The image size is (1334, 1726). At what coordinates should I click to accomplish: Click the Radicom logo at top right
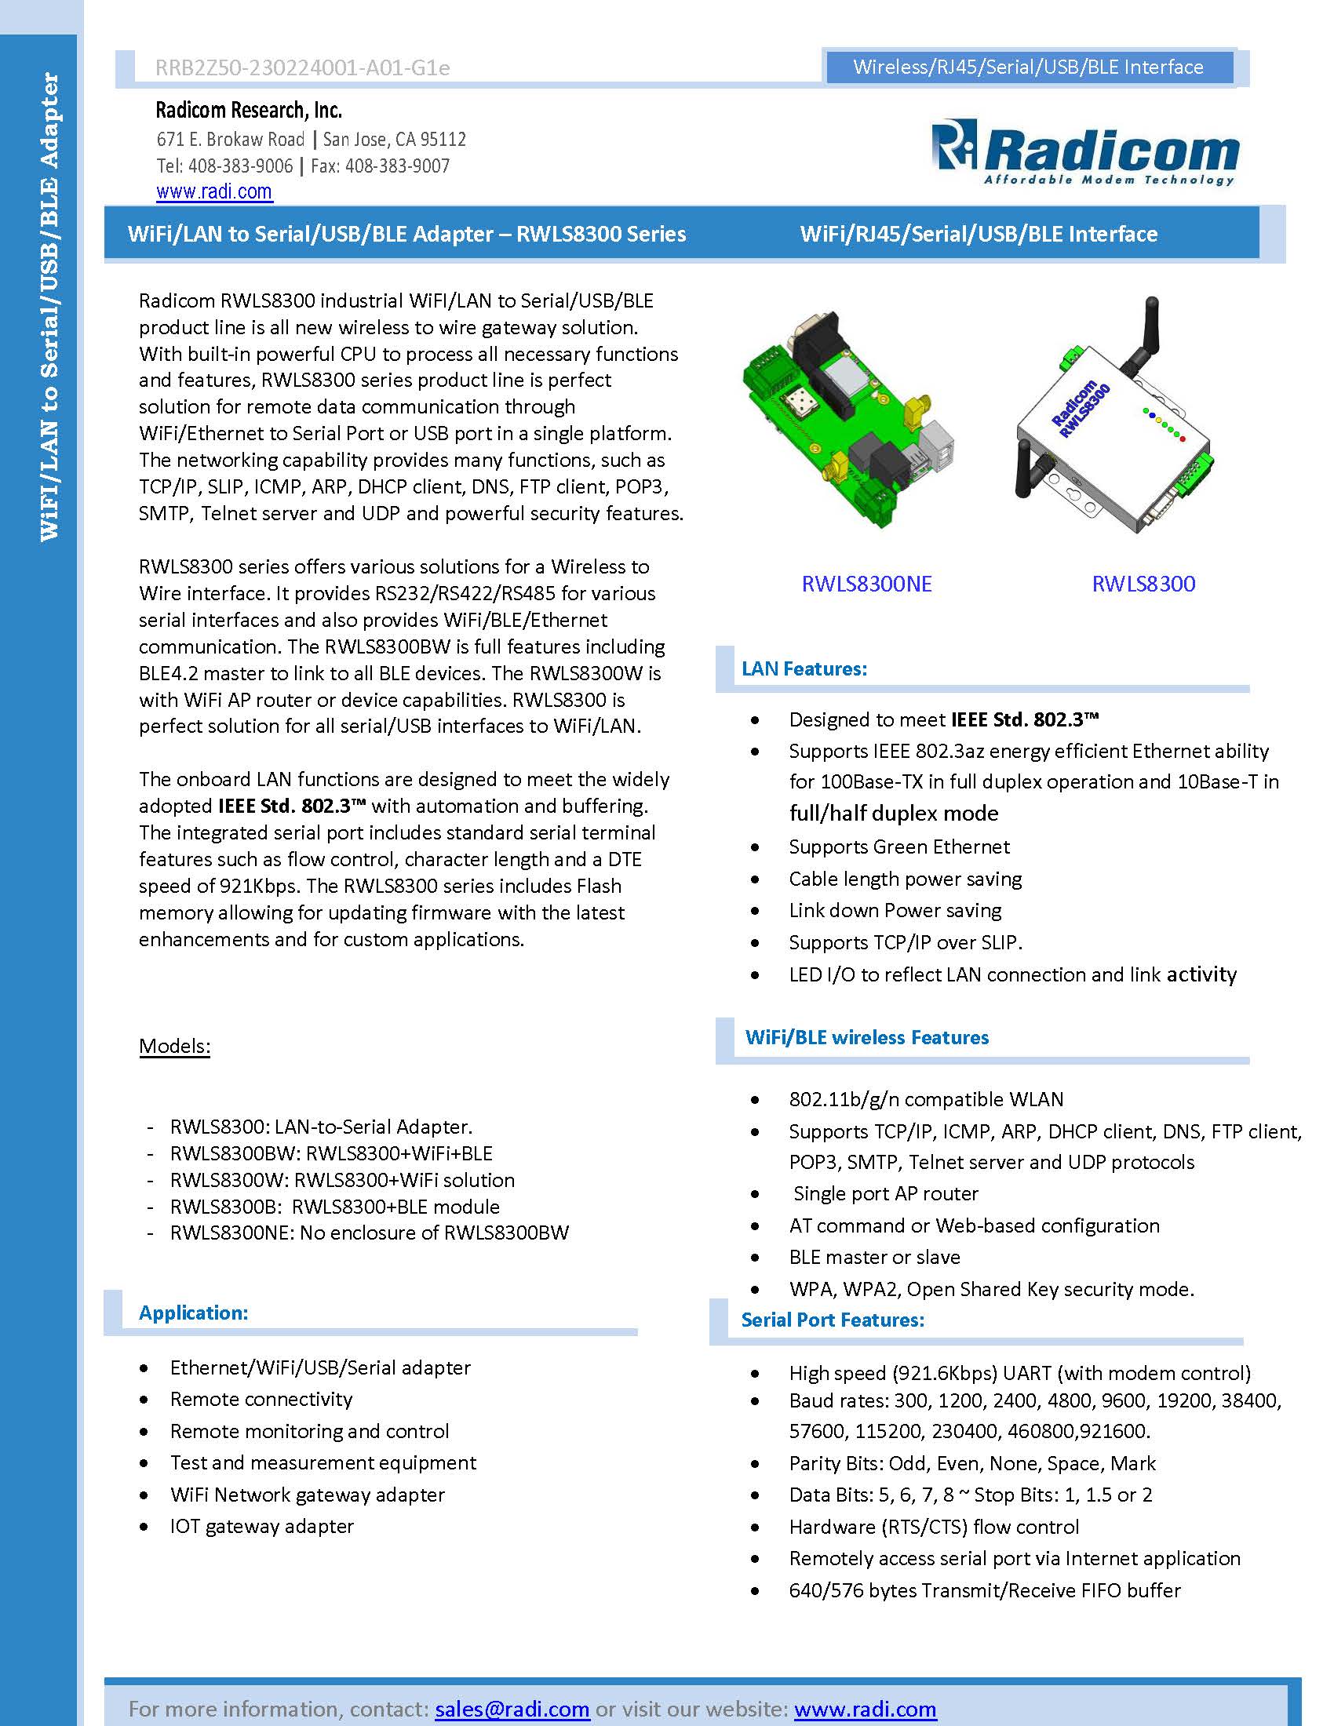[1084, 152]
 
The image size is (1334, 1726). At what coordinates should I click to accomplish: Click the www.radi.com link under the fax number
[214, 192]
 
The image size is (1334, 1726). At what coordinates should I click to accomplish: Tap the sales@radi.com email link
[512, 1709]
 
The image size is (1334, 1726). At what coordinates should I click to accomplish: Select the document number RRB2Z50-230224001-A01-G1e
[303, 68]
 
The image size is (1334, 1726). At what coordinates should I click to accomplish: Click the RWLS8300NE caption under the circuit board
[866, 584]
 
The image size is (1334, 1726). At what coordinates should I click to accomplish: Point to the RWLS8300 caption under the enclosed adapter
[1143, 584]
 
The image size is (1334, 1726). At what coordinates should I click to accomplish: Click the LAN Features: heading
[804, 668]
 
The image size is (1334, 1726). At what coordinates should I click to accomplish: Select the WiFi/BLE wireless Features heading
[866, 1037]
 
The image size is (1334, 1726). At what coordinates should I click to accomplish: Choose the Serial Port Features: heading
[832, 1319]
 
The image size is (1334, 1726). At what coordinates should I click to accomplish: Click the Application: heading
[193, 1312]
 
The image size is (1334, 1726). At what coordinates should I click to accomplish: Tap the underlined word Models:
[175, 1046]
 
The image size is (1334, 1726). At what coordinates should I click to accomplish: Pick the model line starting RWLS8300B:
[334, 1206]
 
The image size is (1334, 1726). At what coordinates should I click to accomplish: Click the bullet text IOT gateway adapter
[261, 1525]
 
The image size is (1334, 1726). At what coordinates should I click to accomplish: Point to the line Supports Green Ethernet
[898, 847]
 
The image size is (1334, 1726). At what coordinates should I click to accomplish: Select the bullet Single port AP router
[885, 1193]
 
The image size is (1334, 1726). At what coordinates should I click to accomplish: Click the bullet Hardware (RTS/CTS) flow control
[933, 1526]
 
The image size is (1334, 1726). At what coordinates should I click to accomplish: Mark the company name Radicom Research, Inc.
[248, 110]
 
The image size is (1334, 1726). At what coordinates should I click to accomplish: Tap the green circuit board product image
[846, 419]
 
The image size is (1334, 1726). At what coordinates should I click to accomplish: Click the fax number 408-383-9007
[397, 166]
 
